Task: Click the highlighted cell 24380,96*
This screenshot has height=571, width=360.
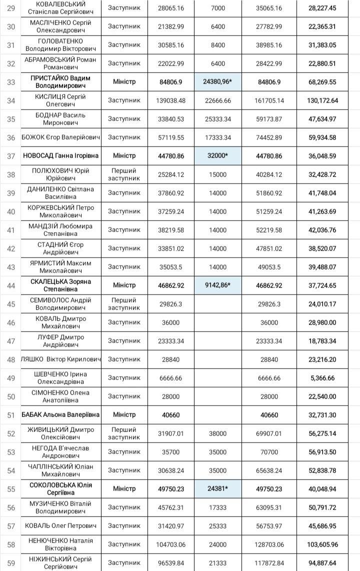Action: [217, 81]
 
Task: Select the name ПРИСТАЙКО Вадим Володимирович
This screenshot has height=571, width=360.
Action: [60, 81]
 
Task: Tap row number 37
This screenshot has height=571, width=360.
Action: [11, 156]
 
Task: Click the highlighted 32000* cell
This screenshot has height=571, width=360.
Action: [217, 156]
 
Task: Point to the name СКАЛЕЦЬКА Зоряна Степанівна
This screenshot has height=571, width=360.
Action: [60, 285]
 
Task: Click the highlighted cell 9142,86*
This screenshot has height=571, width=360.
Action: [217, 285]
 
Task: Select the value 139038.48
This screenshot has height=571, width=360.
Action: [171, 100]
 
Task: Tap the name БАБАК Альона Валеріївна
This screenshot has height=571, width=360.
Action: [60, 415]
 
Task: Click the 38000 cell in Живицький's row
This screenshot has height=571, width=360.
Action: [217, 433]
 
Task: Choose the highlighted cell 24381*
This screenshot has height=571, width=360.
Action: [217, 489]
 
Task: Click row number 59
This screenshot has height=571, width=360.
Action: [11, 563]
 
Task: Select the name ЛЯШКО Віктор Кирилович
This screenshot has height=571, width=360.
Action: [60, 359]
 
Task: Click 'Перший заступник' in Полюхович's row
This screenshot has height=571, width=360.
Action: [124, 174]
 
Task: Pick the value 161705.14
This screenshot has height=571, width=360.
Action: [269, 100]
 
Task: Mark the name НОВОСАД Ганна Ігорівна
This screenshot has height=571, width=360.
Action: [60, 156]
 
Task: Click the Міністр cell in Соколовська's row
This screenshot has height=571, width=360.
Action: [124, 489]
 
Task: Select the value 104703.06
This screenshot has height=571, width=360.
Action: [171, 544]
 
